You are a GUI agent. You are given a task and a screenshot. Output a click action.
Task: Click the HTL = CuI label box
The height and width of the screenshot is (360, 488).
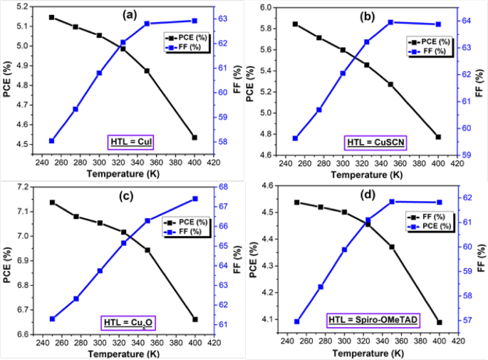tap(132, 142)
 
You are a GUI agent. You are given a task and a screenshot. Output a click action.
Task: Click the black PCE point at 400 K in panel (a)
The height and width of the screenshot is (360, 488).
tap(194, 138)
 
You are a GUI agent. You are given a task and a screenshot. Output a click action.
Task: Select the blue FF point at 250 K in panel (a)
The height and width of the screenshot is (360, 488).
tap(51, 140)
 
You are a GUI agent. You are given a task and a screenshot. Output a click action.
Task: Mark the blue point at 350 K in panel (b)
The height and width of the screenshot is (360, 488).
tap(390, 22)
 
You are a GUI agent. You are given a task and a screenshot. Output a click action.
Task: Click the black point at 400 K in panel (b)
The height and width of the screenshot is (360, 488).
tap(438, 137)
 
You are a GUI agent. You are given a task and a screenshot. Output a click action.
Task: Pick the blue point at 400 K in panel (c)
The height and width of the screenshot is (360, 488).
tap(194, 199)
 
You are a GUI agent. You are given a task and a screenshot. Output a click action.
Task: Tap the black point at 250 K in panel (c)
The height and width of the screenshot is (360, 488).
tap(51, 202)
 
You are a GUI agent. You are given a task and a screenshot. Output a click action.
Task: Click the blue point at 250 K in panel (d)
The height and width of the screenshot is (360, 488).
tap(297, 322)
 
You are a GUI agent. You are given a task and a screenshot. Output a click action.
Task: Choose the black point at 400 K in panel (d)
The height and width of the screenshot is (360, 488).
tap(439, 322)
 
